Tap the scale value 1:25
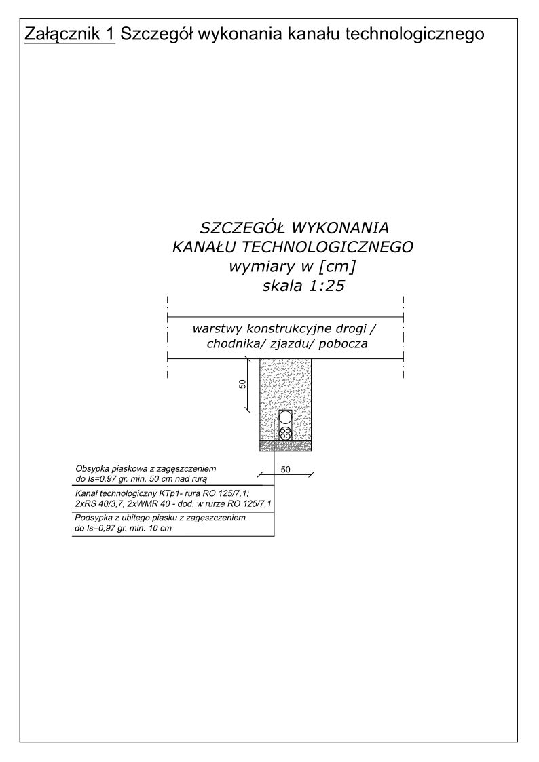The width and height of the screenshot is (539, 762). (x=322, y=286)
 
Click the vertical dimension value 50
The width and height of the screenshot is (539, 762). (x=242, y=385)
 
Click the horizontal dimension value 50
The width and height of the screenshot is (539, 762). (x=285, y=469)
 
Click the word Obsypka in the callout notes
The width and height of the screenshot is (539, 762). (x=91, y=469)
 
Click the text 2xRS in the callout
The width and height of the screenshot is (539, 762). (x=86, y=503)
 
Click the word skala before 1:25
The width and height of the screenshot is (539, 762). (x=280, y=286)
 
